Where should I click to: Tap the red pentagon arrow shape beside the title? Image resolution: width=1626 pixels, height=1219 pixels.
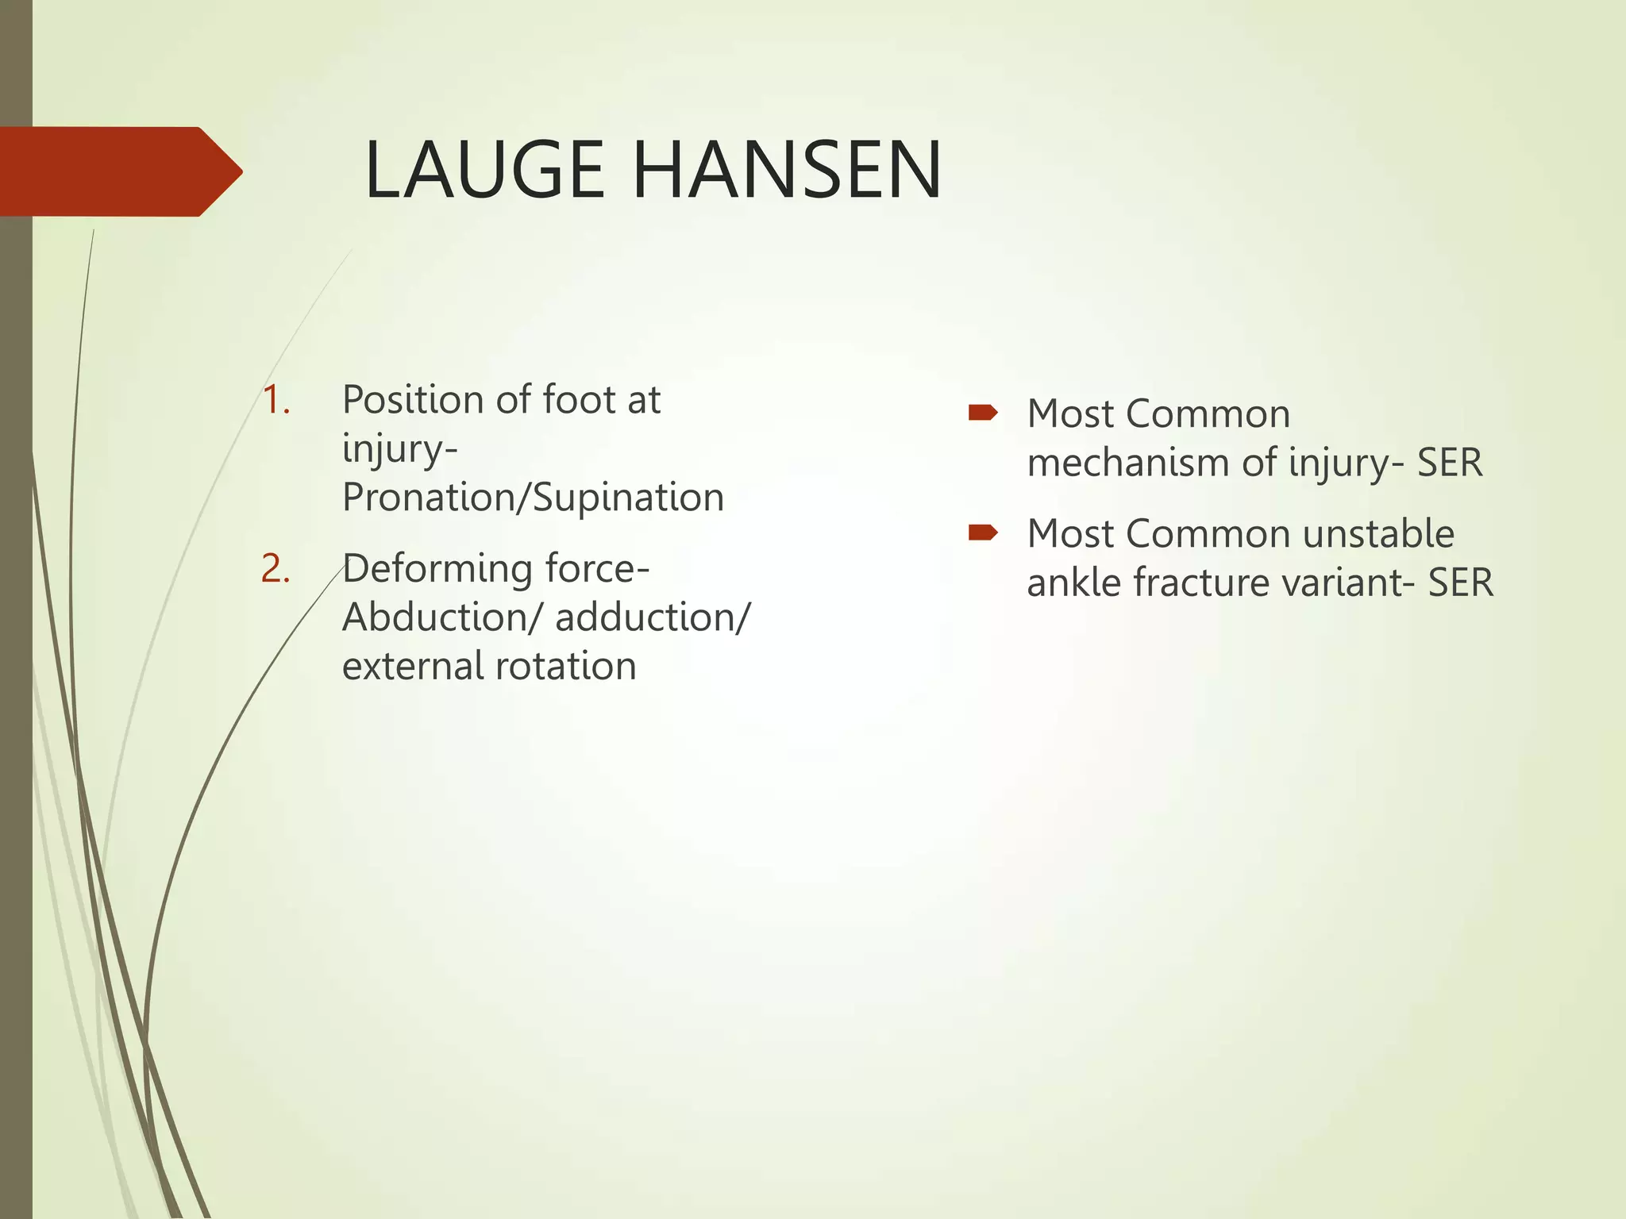coord(119,171)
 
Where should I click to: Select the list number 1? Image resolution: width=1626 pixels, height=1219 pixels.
coord(275,399)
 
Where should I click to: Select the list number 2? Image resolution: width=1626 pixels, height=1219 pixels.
coord(275,569)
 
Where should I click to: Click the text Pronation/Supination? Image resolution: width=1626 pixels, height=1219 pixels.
coord(533,498)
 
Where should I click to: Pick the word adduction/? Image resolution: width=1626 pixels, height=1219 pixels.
coord(652,617)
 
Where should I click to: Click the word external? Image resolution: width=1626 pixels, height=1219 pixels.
coord(412,666)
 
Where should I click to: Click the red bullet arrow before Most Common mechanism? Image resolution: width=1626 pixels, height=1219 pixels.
coord(983,413)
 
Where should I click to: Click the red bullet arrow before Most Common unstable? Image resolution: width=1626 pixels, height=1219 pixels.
coord(983,533)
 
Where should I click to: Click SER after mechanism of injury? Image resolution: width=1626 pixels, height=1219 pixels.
coord(1450,463)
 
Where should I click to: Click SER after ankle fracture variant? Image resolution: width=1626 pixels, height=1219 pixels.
coord(1461,583)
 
